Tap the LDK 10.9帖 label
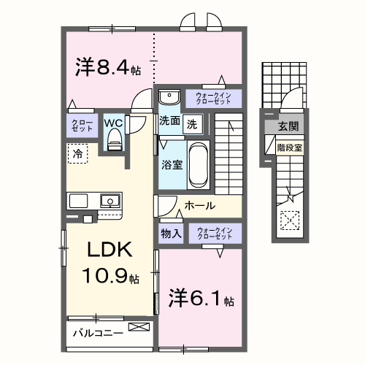coord(110,262)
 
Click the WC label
coord(113,123)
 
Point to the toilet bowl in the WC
coord(113,142)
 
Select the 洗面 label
coord(170,123)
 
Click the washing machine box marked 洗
coord(191,123)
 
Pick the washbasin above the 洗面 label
coord(170,97)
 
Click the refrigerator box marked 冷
coord(77,153)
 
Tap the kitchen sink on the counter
coord(111,199)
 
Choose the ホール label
coord(199,207)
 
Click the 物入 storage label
coord(172,234)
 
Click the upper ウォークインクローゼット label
coord(213,97)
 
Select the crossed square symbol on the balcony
coord(137,328)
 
